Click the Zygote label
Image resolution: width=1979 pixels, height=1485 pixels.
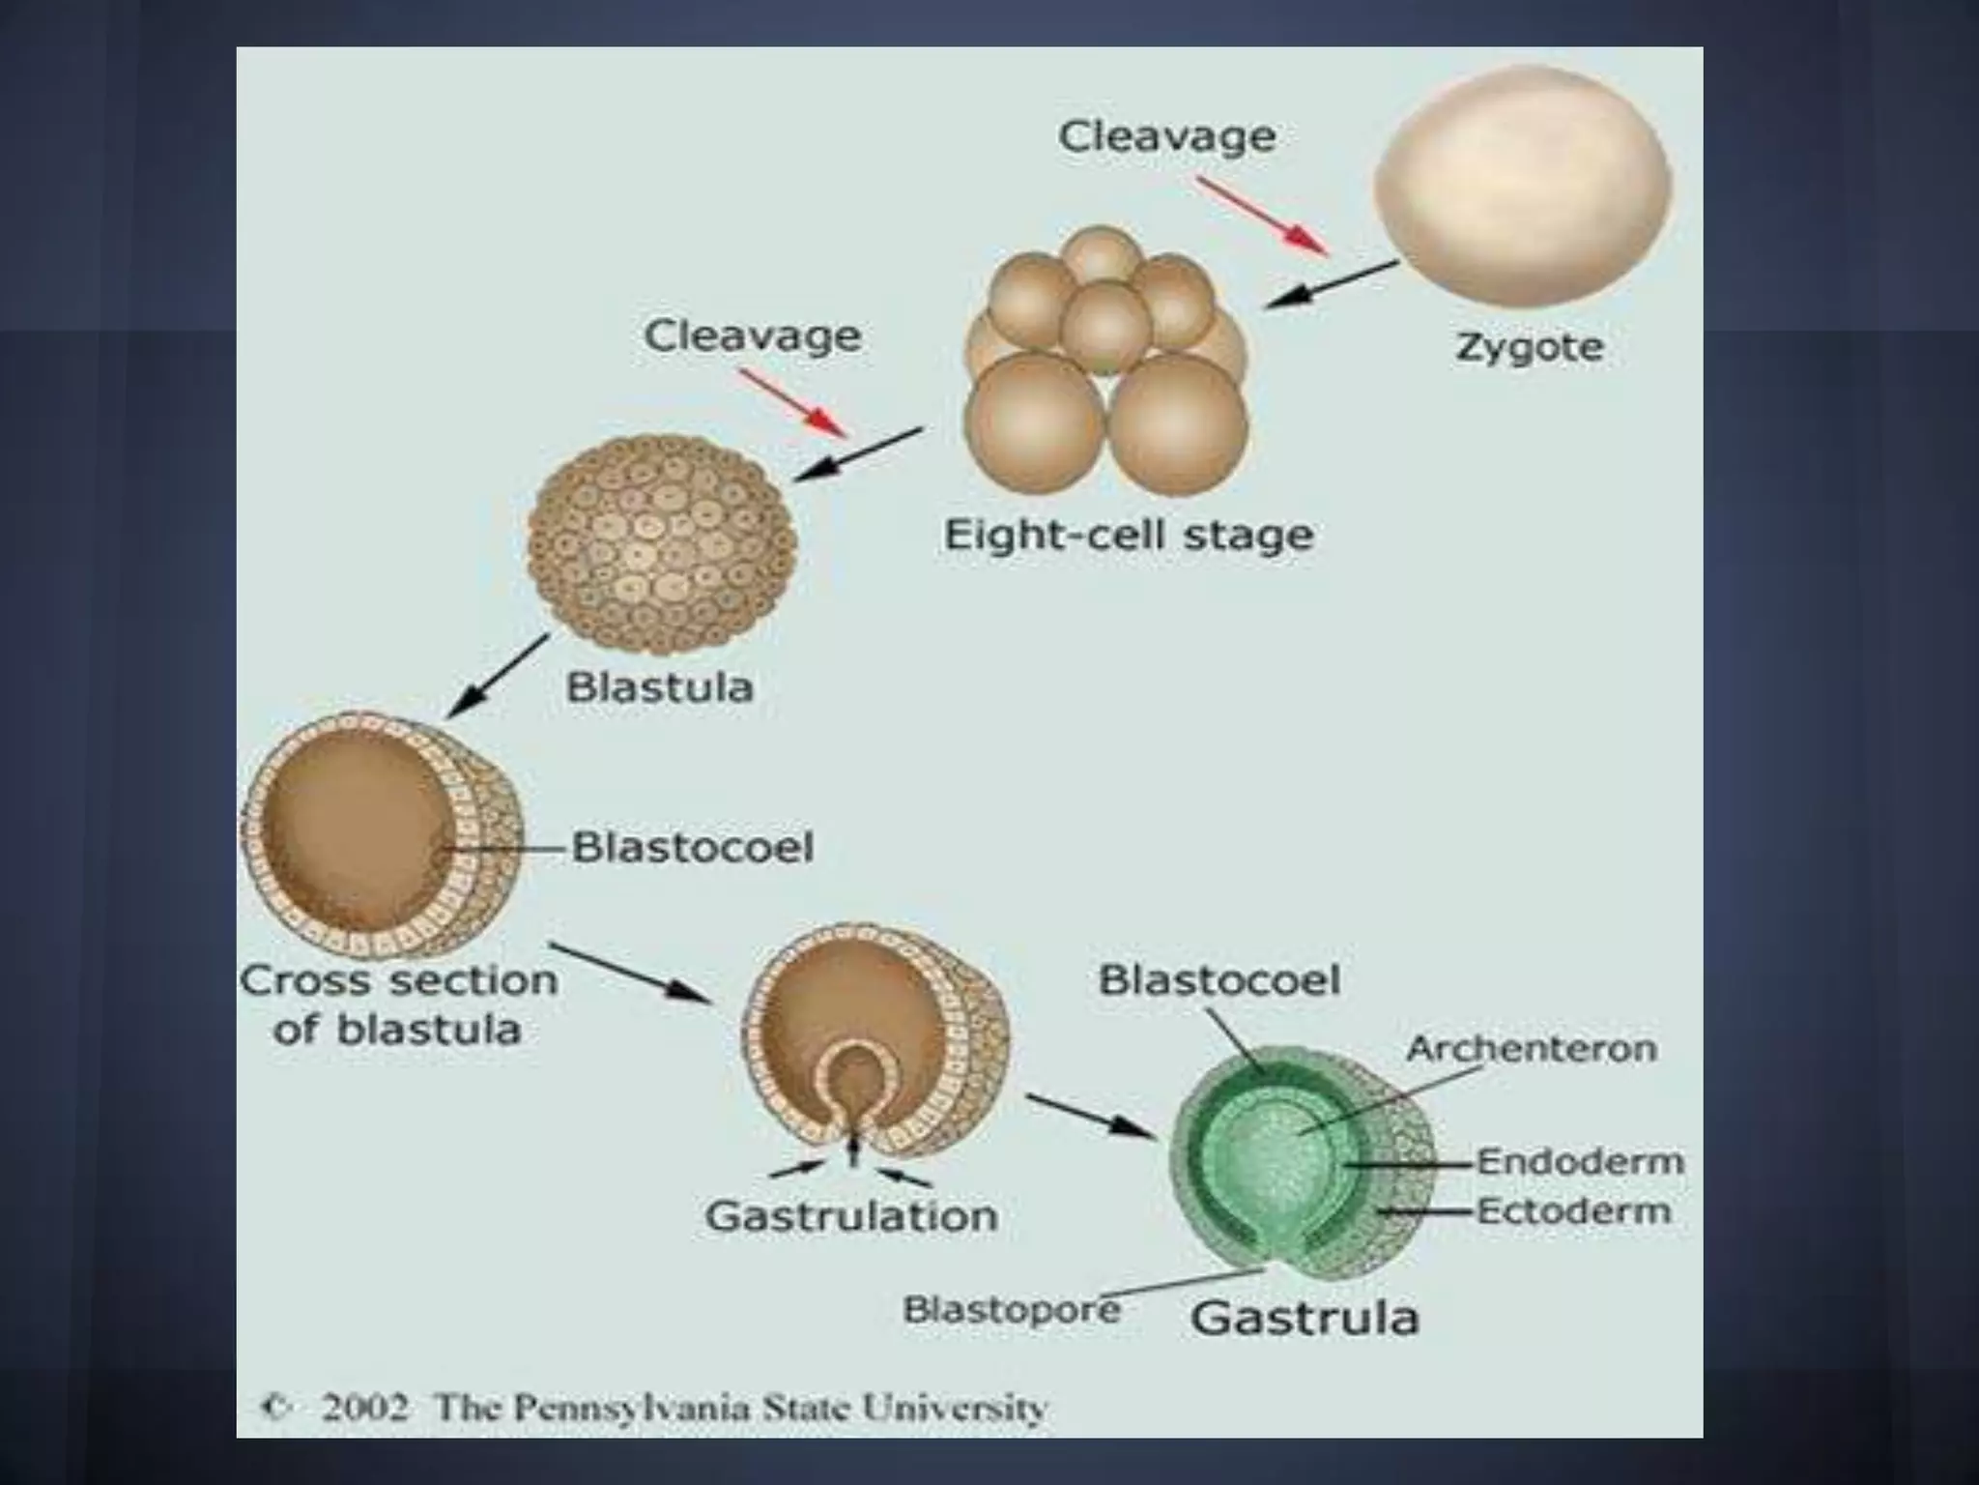pos(1528,348)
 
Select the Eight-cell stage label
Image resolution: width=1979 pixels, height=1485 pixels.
pos(1128,535)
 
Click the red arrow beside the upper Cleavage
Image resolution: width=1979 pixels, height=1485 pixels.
pos(1262,216)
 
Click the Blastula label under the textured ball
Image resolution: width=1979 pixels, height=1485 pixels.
pos(659,687)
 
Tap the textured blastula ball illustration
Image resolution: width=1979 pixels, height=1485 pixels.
pos(662,544)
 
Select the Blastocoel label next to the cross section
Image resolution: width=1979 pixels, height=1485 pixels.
pos(693,848)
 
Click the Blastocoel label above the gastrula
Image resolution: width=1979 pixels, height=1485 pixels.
pos(1219,980)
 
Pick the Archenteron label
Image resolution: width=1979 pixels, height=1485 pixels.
pos(1531,1048)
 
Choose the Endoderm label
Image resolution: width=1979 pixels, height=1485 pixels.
pos(1580,1161)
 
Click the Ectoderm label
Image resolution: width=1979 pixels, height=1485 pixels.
pos(1574,1210)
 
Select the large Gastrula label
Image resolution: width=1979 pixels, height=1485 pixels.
pos(1305,1318)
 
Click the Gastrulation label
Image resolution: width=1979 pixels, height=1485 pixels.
pos(851,1216)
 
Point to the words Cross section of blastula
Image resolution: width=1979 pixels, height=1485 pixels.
pos(398,1005)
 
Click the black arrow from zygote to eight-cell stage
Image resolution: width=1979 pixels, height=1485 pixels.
pos(1331,284)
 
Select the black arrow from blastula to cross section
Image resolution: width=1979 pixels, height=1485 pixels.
pos(497,676)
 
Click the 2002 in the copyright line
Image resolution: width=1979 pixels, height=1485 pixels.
pos(364,1407)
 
